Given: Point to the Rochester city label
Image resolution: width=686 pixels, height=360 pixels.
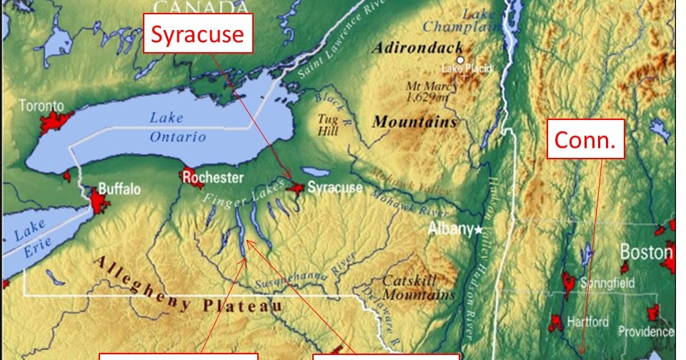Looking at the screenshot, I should point(213,177).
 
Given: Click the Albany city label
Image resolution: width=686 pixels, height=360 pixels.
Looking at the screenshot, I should point(449,229).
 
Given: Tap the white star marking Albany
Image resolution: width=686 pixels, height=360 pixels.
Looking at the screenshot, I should point(479,229).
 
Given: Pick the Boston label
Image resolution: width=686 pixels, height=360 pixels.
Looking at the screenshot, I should point(645,252).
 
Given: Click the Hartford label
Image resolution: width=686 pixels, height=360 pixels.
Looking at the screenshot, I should point(587,321).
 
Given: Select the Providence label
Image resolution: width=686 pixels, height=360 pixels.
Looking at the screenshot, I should point(645,331).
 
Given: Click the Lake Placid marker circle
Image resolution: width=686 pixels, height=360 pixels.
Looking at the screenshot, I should point(461,61).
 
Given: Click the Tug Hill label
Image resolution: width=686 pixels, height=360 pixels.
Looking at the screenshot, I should point(328,124).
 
